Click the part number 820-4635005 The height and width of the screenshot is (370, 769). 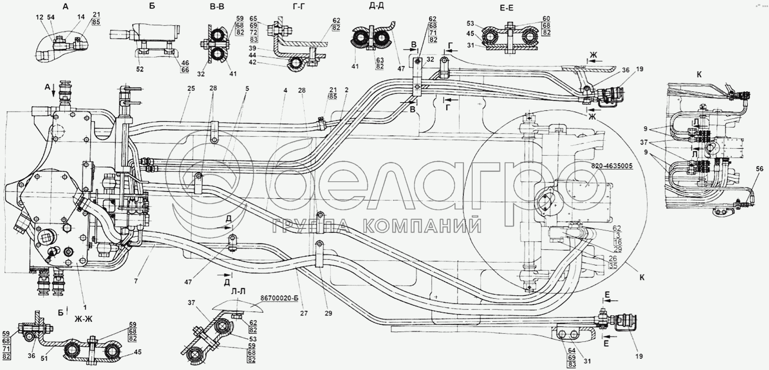(612, 166)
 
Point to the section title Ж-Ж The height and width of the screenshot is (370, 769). (83, 319)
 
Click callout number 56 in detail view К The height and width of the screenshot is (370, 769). (760, 169)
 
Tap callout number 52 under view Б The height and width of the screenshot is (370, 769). (140, 69)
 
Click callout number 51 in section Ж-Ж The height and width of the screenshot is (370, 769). (44, 358)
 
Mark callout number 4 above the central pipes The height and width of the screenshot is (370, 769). (285, 90)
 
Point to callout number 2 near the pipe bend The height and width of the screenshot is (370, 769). (346, 90)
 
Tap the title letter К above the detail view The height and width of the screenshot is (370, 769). (699, 74)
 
